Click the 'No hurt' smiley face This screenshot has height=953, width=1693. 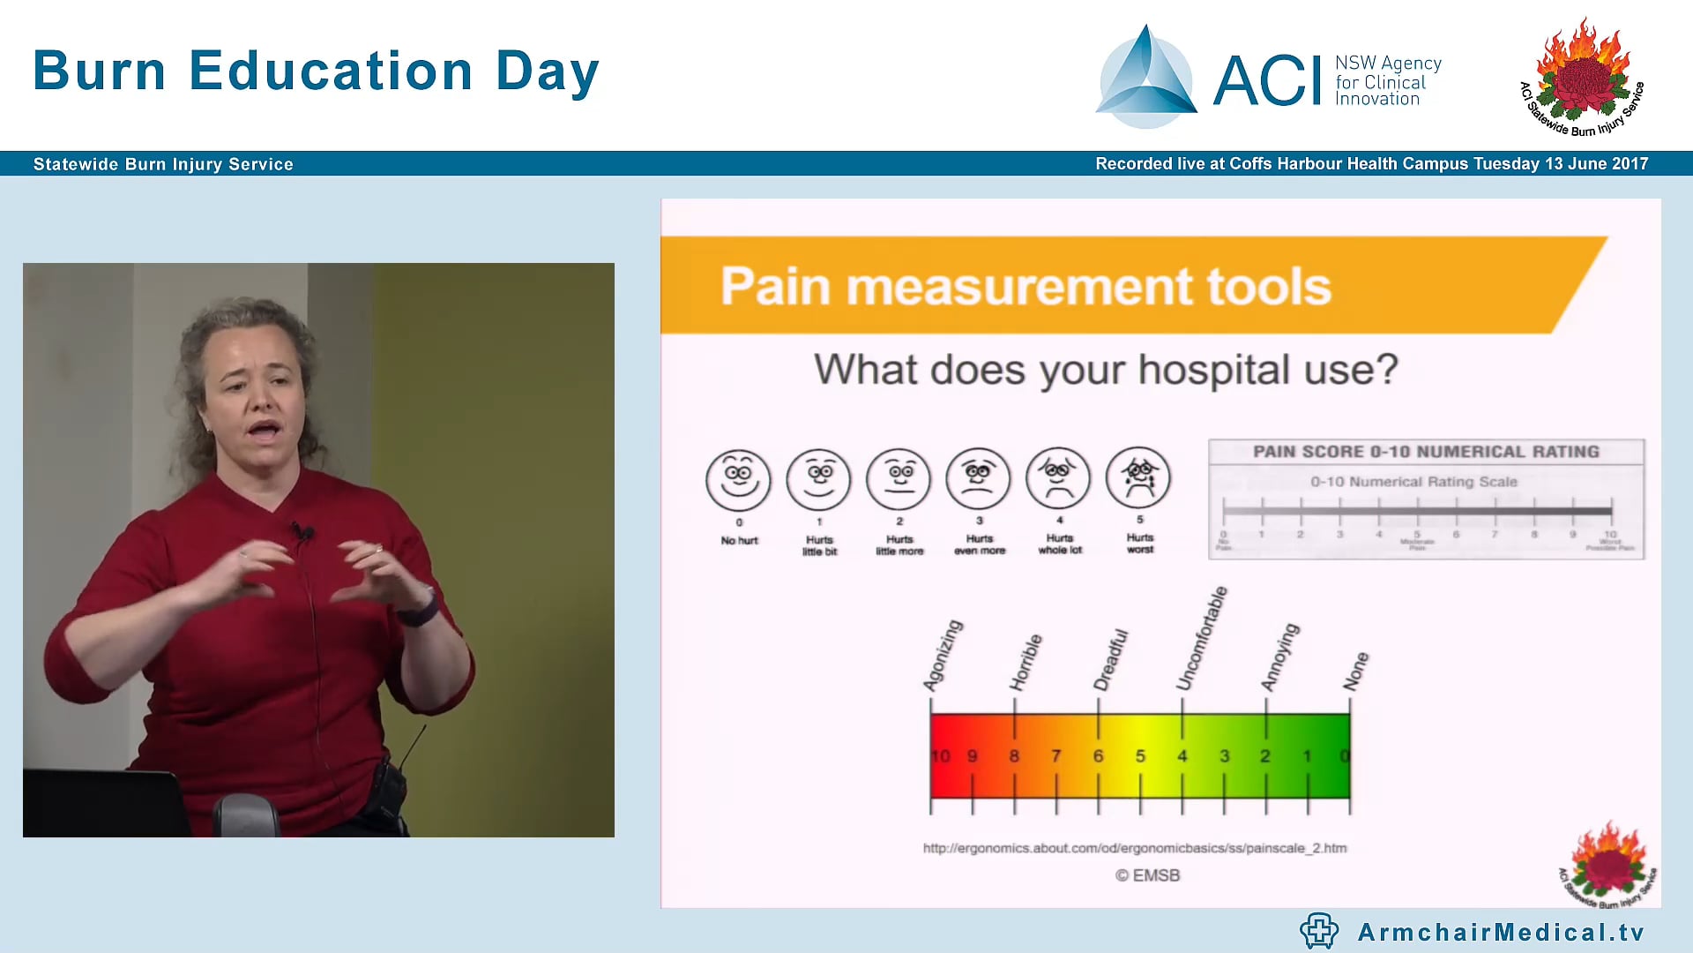pos(738,480)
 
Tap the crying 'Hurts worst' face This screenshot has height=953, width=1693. pos(1138,478)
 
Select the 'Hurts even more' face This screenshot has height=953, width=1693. pos(978,479)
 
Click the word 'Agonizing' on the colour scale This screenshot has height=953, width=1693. pos(943,656)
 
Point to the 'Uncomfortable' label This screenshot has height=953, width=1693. pos(1202,638)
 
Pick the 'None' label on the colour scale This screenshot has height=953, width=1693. pos(1356,672)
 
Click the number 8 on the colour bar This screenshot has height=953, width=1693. pos(1014,756)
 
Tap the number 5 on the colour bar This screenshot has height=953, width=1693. pos(1140,756)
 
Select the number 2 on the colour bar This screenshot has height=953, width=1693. pos(1265,756)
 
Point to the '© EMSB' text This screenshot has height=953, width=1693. pos(1147,875)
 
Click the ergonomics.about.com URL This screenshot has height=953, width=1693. pos(1135,848)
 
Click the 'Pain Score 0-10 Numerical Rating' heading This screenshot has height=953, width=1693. pos(1426,452)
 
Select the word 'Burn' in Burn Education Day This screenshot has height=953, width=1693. pos(100,71)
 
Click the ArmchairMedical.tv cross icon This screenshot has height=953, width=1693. pos(1319,931)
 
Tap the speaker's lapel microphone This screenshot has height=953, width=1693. pos(303,532)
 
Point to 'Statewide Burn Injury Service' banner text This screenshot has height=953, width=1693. pos(163,164)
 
